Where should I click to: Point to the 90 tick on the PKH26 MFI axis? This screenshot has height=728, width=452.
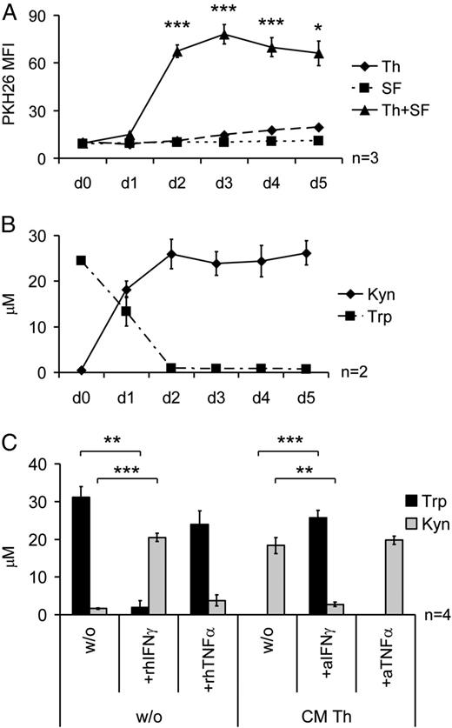[43, 14]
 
